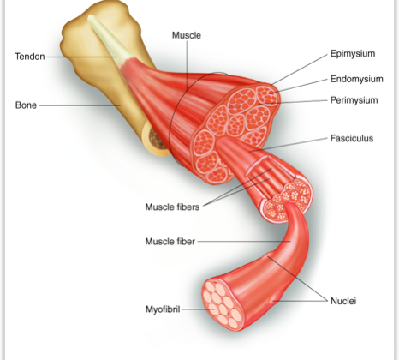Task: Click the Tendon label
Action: click(30, 57)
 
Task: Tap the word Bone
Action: click(26, 105)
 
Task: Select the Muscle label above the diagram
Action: click(187, 35)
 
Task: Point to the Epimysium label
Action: click(353, 54)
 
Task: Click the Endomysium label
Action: click(357, 79)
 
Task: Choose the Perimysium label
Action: click(354, 100)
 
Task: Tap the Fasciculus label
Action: click(352, 138)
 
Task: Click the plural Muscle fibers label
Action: click(172, 207)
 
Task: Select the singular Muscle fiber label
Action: click(170, 242)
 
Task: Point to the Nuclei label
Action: click(343, 301)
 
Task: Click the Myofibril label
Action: click(163, 309)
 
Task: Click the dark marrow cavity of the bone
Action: click(157, 139)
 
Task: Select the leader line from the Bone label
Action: click(80, 105)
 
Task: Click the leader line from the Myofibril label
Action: click(197, 309)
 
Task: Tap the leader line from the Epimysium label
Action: click(299, 69)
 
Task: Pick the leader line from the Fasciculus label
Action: click(289, 145)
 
